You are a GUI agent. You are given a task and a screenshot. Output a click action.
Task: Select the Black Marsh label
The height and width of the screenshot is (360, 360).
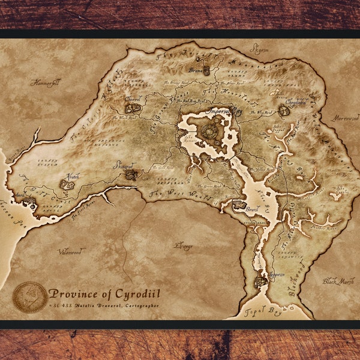point(337,281)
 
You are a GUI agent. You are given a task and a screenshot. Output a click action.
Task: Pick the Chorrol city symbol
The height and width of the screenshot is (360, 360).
point(133,109)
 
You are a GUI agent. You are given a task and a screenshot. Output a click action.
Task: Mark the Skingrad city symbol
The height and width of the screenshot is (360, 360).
point(130,175)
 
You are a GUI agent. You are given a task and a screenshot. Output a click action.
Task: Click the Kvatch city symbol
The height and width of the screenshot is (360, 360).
point(67,184)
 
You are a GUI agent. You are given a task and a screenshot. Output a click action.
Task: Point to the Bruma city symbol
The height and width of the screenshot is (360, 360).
point(206,71)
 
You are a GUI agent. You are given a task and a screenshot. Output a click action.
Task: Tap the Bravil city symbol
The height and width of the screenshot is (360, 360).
point(239,205)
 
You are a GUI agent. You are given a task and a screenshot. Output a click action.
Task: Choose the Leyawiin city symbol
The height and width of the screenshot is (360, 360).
point(261,281)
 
